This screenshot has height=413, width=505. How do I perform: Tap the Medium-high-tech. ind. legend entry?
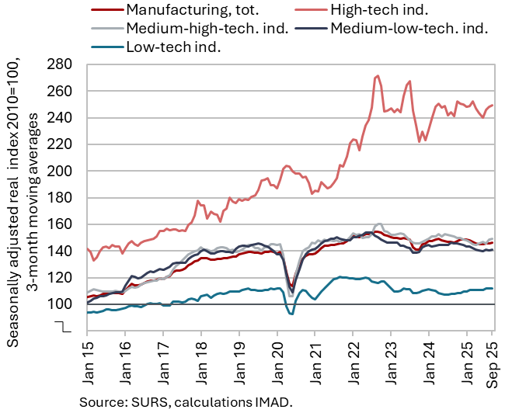pyautogui.click(x=208, y=29)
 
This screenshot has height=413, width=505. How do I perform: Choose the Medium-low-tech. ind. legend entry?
pyautogui.click(x=409, y=29)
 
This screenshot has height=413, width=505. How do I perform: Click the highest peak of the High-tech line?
pyautogui.click(x=378, y=76)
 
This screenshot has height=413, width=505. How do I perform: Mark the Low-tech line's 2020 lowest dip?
pyautogui.click(x=291, y=314)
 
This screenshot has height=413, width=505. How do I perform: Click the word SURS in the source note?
pyautogui.click(x=145, y=402)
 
